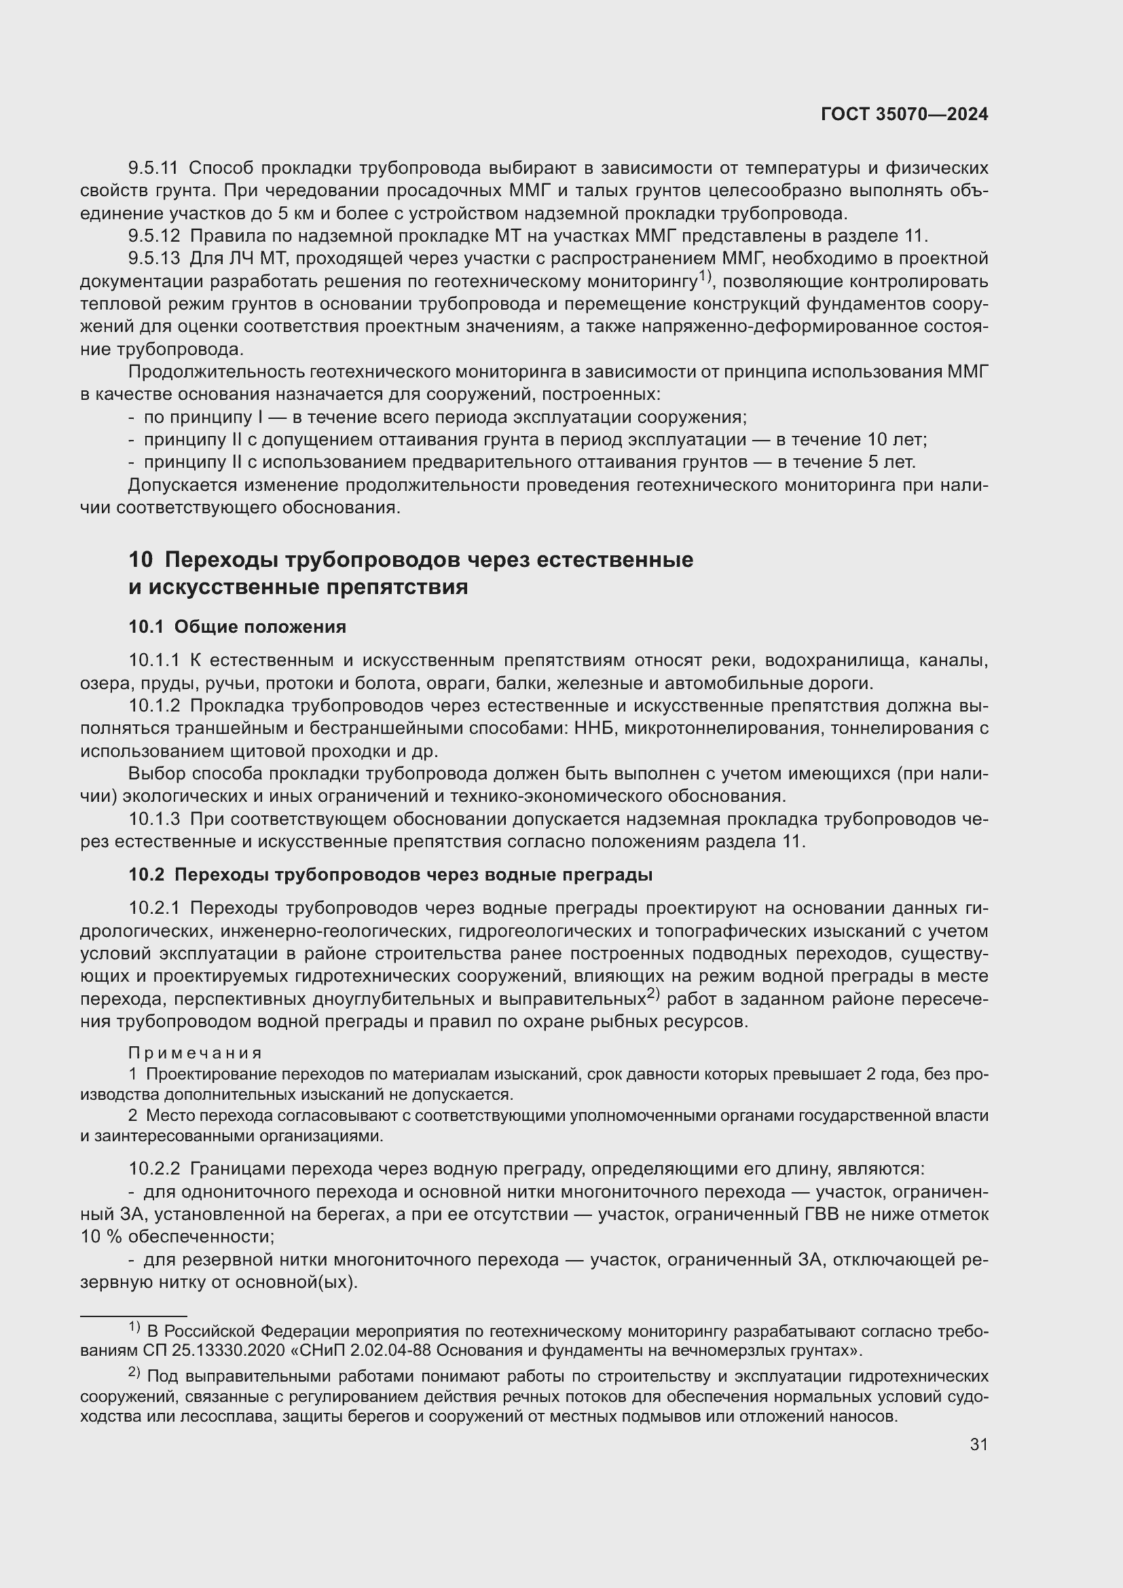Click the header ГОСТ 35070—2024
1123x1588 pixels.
(x=904, y=115)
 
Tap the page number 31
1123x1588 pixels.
(x=978, y=1444)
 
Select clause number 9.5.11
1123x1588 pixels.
(x=153, y=168)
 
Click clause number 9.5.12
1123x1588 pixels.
(x=153, y=236)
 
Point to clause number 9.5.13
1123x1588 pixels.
(x=153, y=259)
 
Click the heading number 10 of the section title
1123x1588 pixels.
(x=141, y=559)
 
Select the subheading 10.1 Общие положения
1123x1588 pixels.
(x=237, y=627)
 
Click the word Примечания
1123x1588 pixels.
(x=195, y=1054)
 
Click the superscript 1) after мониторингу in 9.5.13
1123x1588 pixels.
(x=704, y=276)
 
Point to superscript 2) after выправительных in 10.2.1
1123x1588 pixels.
(x=653, y=995)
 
